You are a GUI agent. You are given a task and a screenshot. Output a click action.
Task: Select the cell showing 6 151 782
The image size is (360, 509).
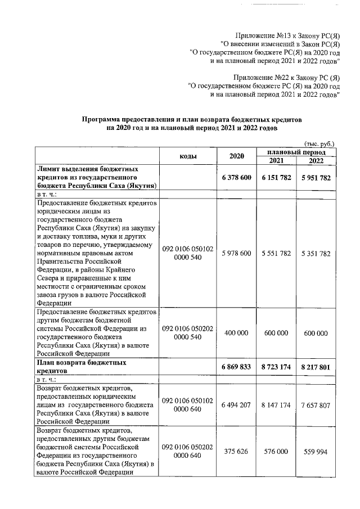pos(276,177)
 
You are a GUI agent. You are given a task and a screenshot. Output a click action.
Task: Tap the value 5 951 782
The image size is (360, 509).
pos(316,177)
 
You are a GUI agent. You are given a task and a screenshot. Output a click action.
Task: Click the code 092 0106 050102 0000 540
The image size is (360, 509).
pos(187,253)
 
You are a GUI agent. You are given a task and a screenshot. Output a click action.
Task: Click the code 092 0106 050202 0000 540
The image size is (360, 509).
pos(187,333)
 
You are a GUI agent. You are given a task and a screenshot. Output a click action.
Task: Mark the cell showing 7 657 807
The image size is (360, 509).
pos(316,405)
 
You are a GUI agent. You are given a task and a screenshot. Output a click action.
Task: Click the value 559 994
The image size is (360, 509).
pos(316,451)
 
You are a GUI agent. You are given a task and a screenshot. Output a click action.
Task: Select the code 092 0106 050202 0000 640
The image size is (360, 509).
pos(187,451)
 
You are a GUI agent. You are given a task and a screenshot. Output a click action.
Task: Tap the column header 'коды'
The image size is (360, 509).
pos(187,156)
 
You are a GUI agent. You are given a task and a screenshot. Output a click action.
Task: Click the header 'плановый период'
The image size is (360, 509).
pos(296,152)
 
